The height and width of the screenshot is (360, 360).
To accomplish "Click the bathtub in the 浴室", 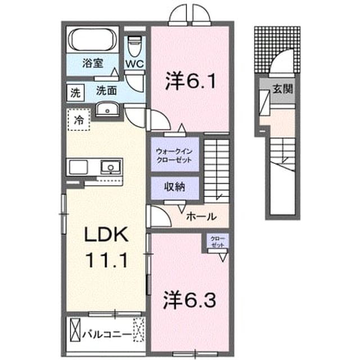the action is coord(92,39).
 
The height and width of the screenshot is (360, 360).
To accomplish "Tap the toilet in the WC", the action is coord(134,46).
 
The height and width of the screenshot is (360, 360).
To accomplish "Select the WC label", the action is coord(134,64).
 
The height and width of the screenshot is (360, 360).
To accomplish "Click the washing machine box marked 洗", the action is coord(75,92).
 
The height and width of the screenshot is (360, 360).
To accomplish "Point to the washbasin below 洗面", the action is coord(107,110).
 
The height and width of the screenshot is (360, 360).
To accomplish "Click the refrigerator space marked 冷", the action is coord(79,120).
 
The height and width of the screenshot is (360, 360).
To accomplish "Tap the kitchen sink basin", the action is coord(110,167).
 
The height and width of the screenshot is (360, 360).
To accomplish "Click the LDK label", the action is coord(106,235).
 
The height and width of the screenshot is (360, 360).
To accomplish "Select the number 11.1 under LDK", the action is coord(106,260).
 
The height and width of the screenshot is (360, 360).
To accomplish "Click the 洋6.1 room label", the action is coord(191,81).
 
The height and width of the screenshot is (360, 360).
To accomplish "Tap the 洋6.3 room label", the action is coord(190,300).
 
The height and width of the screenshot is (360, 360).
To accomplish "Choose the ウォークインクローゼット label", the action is coord(174,156).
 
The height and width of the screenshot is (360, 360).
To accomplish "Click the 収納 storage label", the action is coord(174,187).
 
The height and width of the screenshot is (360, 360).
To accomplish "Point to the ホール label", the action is coord(201,217).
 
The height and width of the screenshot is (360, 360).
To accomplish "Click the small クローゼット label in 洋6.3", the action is coord(217,242).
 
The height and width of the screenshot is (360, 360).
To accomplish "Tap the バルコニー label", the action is coord(107,334).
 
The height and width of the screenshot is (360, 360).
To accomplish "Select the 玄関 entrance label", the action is coord(282,89).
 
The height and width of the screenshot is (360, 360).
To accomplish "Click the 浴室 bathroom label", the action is coord(92,64).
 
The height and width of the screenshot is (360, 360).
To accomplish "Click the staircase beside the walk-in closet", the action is coord(217,170).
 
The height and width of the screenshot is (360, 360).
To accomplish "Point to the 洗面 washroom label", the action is coord(106,91).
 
